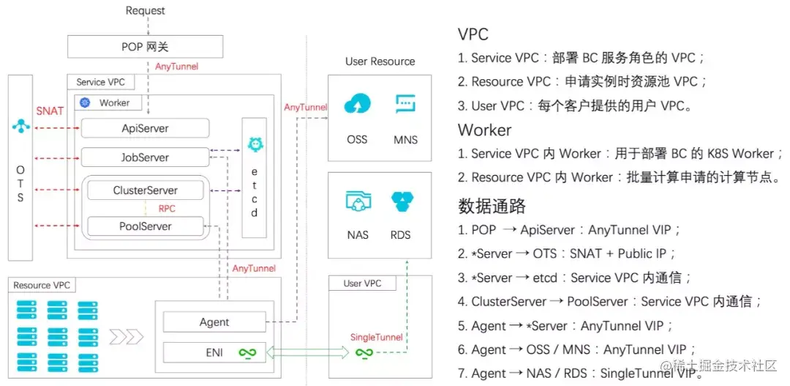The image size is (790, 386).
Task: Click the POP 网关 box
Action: [x=145, y=47]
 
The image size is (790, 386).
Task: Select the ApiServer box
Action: [x=145, y=128]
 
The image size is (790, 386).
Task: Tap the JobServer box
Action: [x=145, y=157]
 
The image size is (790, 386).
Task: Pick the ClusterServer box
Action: [x=145, y=190]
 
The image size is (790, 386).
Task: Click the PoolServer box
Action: [x=145, y=226]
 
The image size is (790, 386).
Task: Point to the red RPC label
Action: [x=167, y=208]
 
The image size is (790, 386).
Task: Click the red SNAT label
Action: [x=50, y=111]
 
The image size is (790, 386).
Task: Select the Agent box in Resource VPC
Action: [x=214, y=322]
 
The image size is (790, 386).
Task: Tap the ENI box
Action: [x=214, y=352]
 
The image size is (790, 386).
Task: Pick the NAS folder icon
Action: [x=358, y=201]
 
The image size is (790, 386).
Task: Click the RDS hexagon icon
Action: [x=401, y=201]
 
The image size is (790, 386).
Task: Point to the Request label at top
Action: [x=145, y=10]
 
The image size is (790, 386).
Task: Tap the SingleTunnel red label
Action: [x=376, y=337]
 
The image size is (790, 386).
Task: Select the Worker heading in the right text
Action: [x=484, y=130]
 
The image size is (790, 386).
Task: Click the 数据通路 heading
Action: [x=492, y=205]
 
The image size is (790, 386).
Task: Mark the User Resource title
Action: [x=380, y=62]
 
